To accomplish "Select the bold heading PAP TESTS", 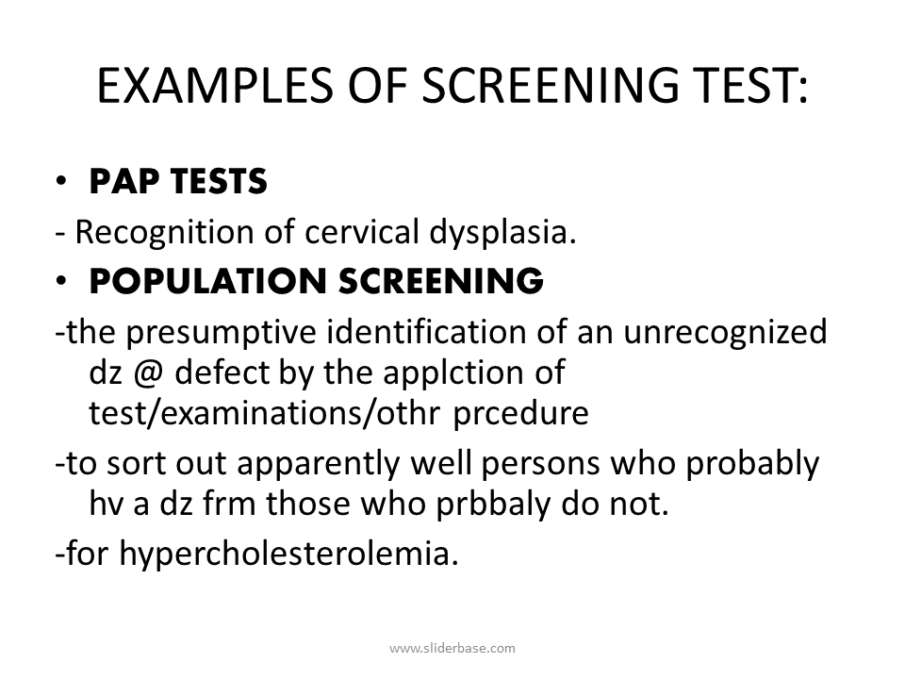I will coord(178,182).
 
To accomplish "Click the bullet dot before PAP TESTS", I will coord(62,183).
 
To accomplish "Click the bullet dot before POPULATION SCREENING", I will coord(62,281).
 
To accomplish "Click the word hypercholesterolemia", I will coord(288,554).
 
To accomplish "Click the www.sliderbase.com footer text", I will coord(452,648).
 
